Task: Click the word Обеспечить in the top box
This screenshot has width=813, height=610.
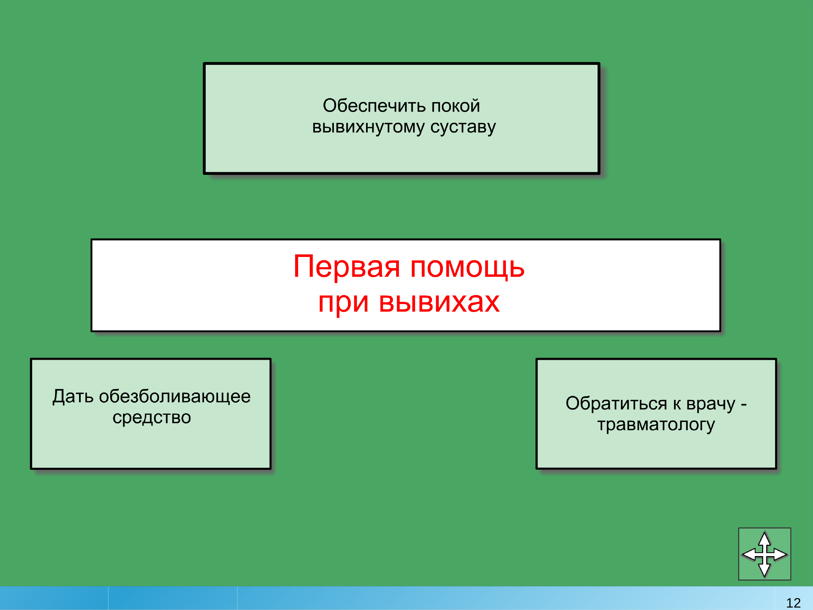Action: (x=375, y=106)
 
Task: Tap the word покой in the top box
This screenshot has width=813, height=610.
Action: (x=455, y=106)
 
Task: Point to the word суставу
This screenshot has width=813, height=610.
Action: (x=463, y=127)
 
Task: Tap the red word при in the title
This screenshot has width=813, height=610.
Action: (x=343, y=303)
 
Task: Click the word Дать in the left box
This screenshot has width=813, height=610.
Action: (x=73, y=397)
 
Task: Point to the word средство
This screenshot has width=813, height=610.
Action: (x=152, y=417)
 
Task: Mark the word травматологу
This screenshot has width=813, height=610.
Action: (x=656, y=425)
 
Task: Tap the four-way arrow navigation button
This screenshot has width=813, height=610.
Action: (x=764, y=554)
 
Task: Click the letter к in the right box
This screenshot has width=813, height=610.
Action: (x=677, y=404)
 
